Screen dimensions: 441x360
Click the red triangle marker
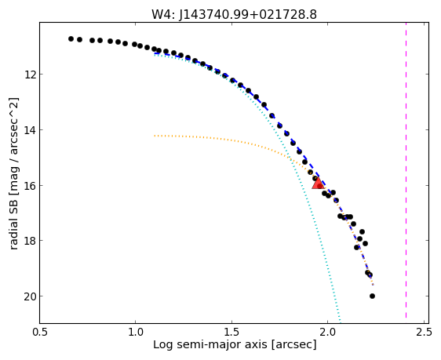(318, 184)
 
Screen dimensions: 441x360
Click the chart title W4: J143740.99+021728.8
(234, 14)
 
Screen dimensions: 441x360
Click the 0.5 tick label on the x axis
(40, 333)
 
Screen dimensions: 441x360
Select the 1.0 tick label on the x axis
(136, 333)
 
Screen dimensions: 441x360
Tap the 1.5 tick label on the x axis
(232, 333)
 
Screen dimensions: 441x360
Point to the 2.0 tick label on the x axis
(328, 333)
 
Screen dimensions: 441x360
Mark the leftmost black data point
(71, 38)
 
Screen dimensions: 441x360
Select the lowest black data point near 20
(372, 296)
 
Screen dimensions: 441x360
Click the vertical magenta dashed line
(406, 170)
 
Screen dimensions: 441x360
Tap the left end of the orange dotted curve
(155, 136)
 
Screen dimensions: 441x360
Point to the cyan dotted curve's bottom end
(340, 322)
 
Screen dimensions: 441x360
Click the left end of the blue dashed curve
(155, 53)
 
